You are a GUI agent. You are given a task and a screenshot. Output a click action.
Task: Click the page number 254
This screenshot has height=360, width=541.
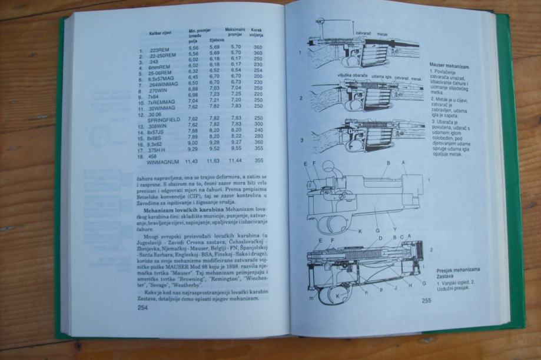[142, 308]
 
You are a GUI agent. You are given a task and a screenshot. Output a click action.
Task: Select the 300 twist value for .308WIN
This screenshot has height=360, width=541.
[257, 125]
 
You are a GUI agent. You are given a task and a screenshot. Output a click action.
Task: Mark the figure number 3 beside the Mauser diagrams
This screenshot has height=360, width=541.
[301, 141]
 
